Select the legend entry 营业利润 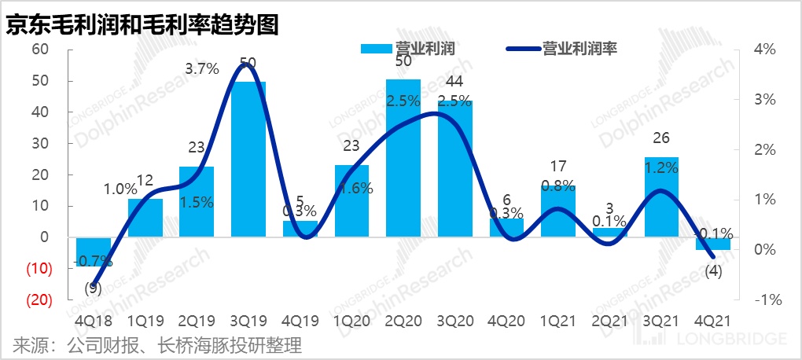pos(409,49)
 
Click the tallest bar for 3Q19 pos(248,157)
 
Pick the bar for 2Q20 pos(403,157)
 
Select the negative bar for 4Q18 pos(93,252)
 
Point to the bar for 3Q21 pos(661,197)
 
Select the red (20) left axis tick pos(37,299)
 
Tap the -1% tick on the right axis pos(763,299)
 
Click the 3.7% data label pos(201,69)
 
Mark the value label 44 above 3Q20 pos(454,82)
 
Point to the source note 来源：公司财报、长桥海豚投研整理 pos(157,344)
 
